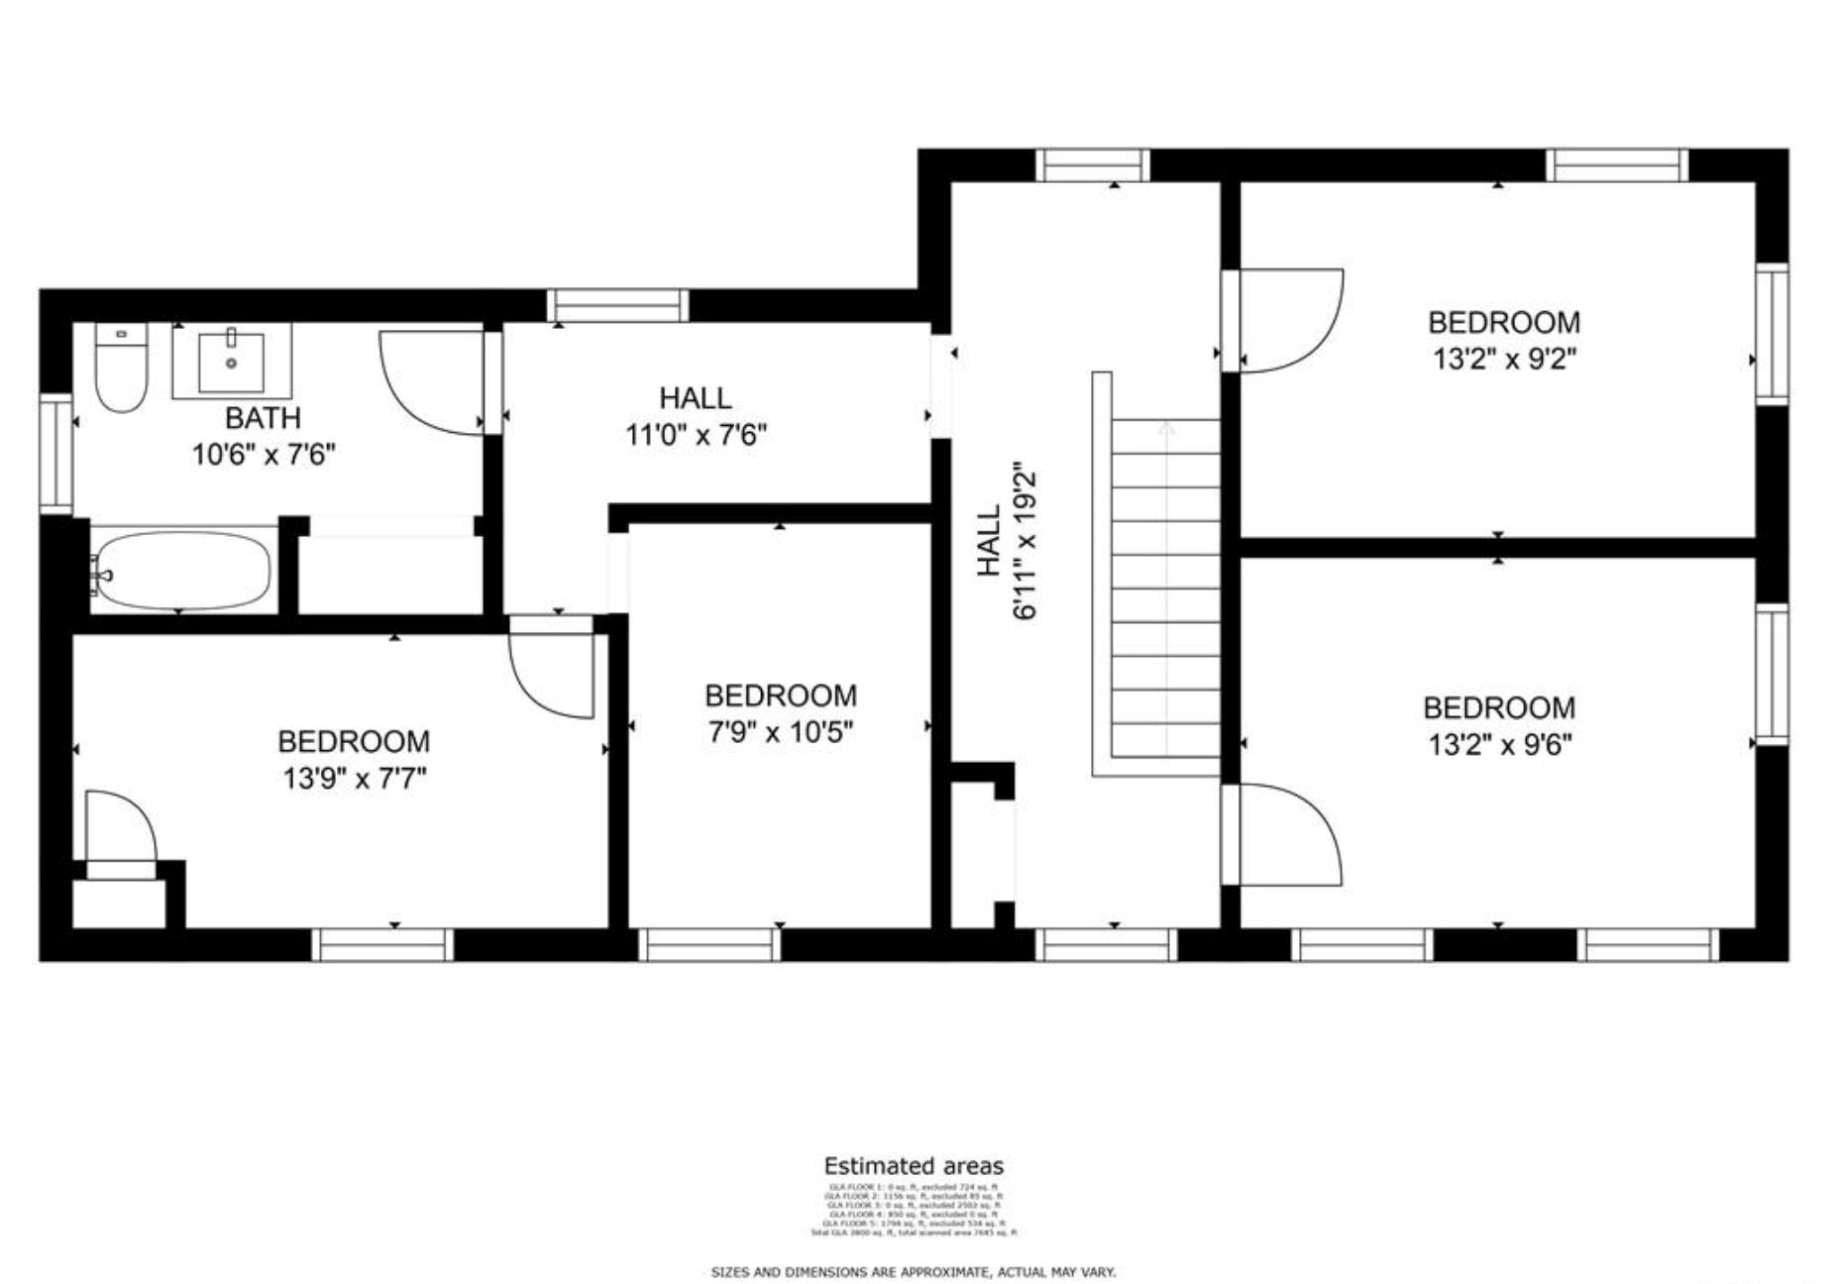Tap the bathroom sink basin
click(x=231, y=364)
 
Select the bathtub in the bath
click(x=182, y=572)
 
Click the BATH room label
click(x=263, y=417)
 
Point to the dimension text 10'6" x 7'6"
click(x=264, y=455)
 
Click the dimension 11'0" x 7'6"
click(x=696, y=435)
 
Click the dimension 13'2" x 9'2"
click(x=1503, y=359)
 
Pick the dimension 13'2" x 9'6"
click(x=1499, y=744)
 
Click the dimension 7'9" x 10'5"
click(x=780, y=732)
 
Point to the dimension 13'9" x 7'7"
click(x=354, y=779)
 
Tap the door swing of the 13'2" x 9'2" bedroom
click(x=1288, y=320)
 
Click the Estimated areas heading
click(x=913, y=1166)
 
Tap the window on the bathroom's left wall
click(x=55, y=454)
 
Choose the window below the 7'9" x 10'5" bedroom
click(x=708, y=945)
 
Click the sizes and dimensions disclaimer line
click(x=913, y=1272)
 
